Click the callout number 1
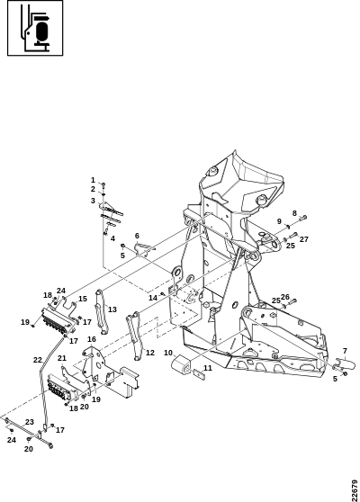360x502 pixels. click(x=93, y=180)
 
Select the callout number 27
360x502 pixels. click(x=304, y=239)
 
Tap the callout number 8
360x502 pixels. click(x=294, y=213)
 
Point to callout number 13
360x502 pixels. click(x=112, y=309)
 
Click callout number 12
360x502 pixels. click(x=150, y=353)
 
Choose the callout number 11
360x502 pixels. click(x=208, y=368)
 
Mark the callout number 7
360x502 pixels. click(x=345, y=351)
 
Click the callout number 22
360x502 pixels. click(x=38, y=360)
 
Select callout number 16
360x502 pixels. click(x=92, y=339)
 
